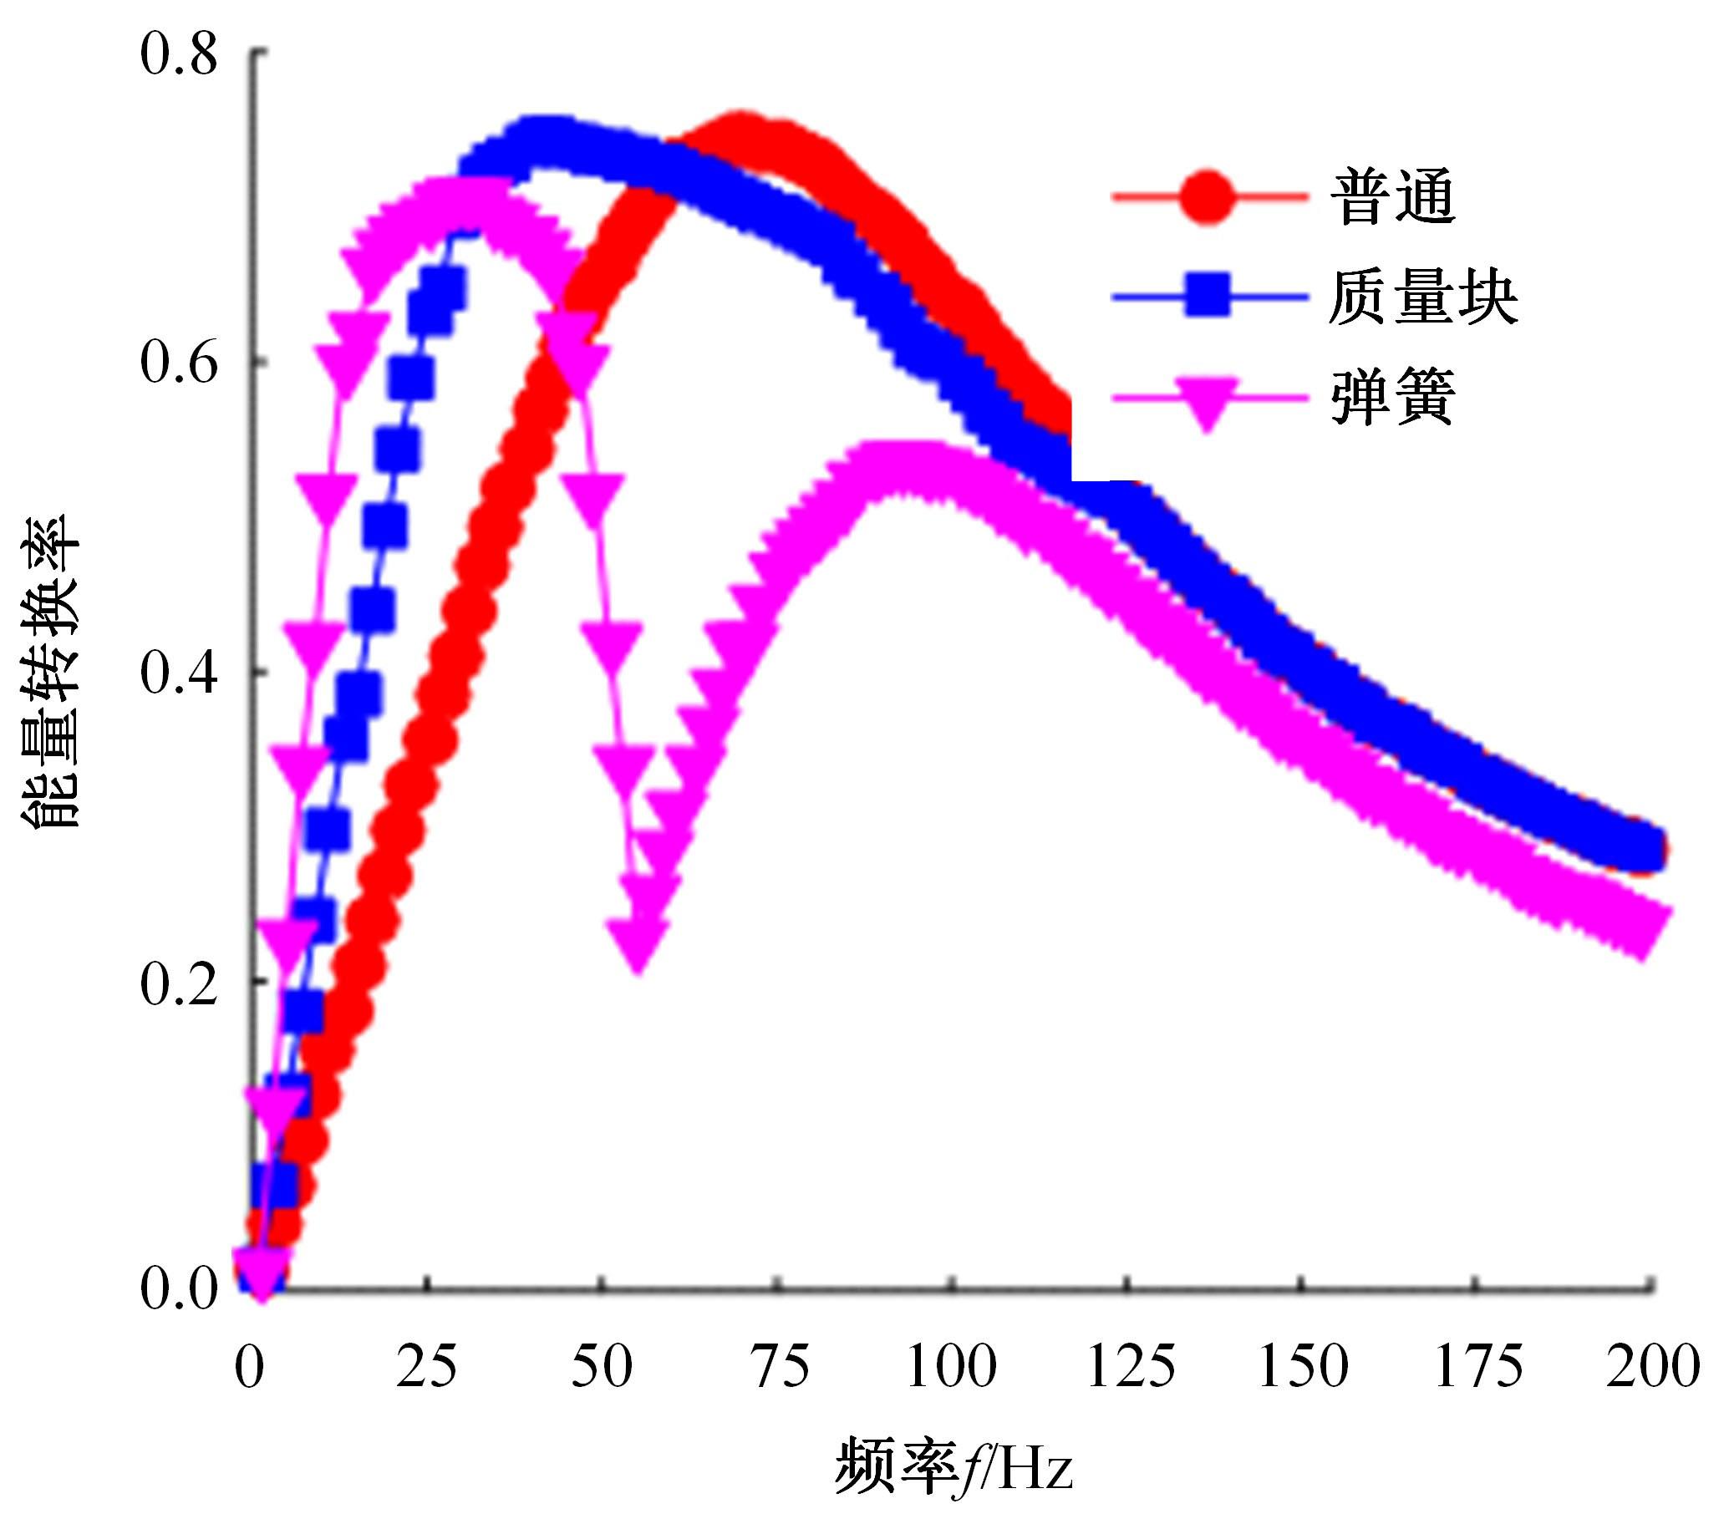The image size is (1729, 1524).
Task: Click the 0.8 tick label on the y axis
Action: click(x=179, y=55)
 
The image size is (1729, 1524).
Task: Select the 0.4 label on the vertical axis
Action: click(x=179, y=674)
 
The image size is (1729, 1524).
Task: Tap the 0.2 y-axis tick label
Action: click(x=179, y=984)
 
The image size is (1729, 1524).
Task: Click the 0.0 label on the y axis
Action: click(x=179, y=1292)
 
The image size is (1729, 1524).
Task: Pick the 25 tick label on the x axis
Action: click(x=426, y=1367)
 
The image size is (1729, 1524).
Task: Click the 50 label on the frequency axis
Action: click(x=602, y=1367)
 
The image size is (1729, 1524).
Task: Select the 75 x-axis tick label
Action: click(x=778, y=1367)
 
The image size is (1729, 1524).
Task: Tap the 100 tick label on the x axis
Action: click(x=952, y=1367)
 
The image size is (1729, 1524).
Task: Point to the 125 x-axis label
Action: click(x=1130, y=1367)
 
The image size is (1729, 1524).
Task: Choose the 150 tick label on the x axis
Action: click(x=1304, y=1367)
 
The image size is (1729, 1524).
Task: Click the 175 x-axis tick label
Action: click(x=1478, y=1367)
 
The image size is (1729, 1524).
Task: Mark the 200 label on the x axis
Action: click(x=1652, y=1367)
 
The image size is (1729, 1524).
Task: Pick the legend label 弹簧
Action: click(x=1392, y=398)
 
